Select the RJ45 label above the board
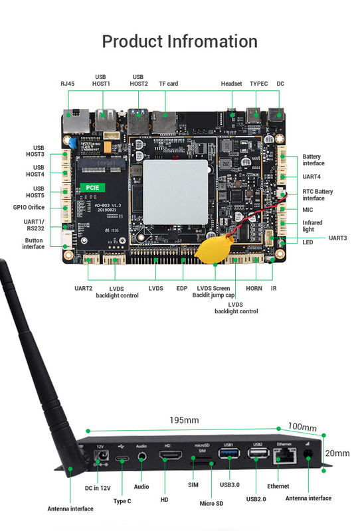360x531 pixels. click(x=68, y=84)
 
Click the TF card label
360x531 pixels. click(x=168, y=84)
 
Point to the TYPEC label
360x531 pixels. click(x=259, y=84)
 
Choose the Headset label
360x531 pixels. click(x=232, y=84)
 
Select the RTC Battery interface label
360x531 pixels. click(x=318, y=194)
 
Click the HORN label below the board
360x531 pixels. click(x=254, y=288)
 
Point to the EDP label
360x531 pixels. click(x=182, y=288)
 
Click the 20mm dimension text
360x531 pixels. click(x=337, y=453)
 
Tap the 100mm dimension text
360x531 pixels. click(x=302, y=427)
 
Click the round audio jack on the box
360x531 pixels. click(x=141, y=455)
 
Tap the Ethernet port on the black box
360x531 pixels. click(x=282, y=456)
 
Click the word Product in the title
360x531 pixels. click(x=133, y=41)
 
